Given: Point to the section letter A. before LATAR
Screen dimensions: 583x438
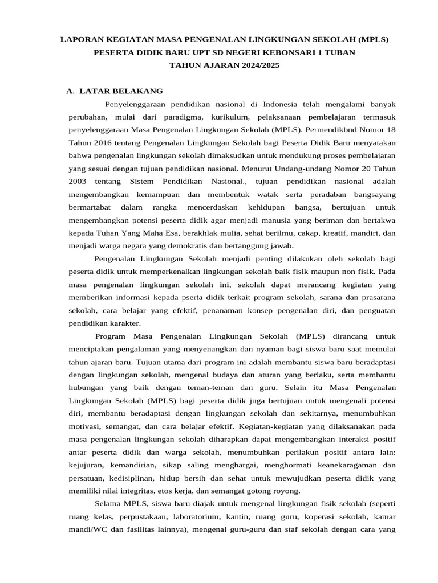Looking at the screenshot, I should pos(71,91).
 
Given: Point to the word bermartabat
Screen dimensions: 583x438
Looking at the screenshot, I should pos(90,207).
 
